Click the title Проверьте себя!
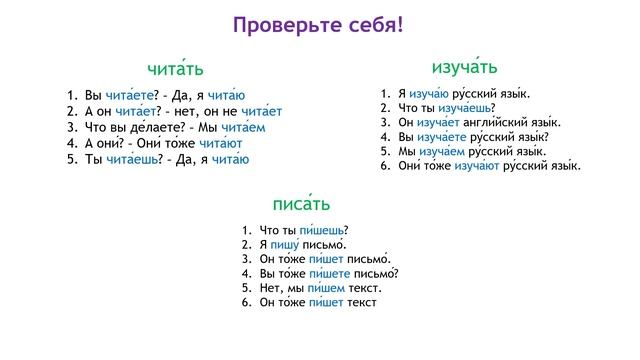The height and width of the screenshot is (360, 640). [320, 23]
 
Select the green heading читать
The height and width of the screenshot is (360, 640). [175, 68]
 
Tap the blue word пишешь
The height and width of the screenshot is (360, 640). [321, 230]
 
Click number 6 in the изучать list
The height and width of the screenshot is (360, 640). [386, 165]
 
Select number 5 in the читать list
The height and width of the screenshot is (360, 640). [72, 159]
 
